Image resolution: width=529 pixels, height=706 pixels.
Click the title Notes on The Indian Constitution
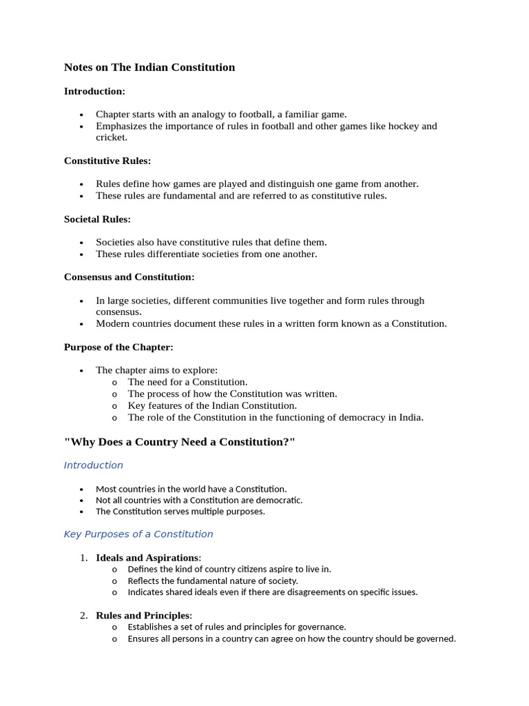[149, 68]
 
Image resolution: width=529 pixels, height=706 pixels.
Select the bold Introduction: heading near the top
[94, 91]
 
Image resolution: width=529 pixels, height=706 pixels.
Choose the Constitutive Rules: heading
[107, 161]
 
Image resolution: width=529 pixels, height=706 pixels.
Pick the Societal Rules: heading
[97, 219]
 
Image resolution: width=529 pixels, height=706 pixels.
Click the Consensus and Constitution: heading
[129, 277]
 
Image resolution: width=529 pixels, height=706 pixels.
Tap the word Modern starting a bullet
[112, 324]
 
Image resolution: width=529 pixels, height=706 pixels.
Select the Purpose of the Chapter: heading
[118, 347]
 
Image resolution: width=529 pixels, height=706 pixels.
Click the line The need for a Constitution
[187, 382]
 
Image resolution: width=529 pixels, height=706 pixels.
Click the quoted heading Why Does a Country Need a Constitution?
[179, 442]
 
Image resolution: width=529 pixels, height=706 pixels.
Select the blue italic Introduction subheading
[93, 465]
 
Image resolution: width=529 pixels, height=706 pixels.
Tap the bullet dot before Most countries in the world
[81, 490]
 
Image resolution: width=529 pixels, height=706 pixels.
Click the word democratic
[279, 501]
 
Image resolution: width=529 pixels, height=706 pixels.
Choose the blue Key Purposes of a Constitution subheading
[138, 534]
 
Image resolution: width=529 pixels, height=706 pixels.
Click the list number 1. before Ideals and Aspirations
[83, 558]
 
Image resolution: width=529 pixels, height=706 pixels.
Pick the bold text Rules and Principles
[143, 616]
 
